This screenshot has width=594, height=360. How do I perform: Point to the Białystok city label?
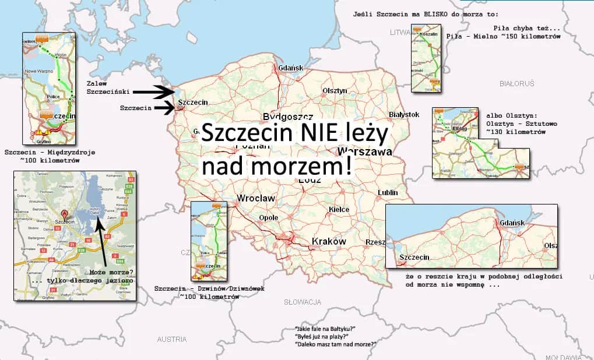(403, 115)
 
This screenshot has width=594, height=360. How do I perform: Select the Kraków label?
(329, 241)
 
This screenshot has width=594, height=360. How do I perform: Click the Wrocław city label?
(256, 199)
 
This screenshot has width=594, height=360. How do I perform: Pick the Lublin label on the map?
(388, 192)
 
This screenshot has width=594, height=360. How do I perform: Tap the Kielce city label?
(339, 209)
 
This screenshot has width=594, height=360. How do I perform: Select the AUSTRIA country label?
(172, 339)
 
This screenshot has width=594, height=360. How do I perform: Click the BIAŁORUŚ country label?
(516, 84)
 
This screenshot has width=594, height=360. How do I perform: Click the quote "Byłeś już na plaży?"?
(322, 337)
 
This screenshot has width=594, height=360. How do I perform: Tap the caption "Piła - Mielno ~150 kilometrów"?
(503, 36)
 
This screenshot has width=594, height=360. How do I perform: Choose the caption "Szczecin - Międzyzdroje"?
(50, 153)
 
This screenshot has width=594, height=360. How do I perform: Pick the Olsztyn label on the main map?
(335, 91)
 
